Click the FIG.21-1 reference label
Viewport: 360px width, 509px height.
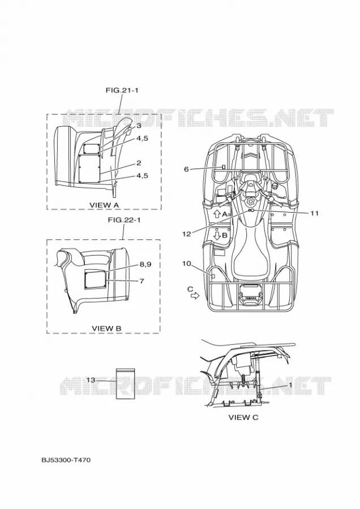click(122, 90)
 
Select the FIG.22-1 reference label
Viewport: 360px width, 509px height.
click(124, 220)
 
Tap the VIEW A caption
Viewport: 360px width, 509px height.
click(104, 205)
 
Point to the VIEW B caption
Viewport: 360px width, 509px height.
click(106, 328)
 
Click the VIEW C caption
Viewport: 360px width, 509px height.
click(243, 417)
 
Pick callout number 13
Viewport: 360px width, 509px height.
click(91, 379)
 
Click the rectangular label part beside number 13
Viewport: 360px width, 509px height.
click(126, 383)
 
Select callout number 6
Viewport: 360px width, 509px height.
click(186, 169)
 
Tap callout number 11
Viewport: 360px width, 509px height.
click(314, 213)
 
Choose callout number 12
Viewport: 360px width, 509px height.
click(186, 234)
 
